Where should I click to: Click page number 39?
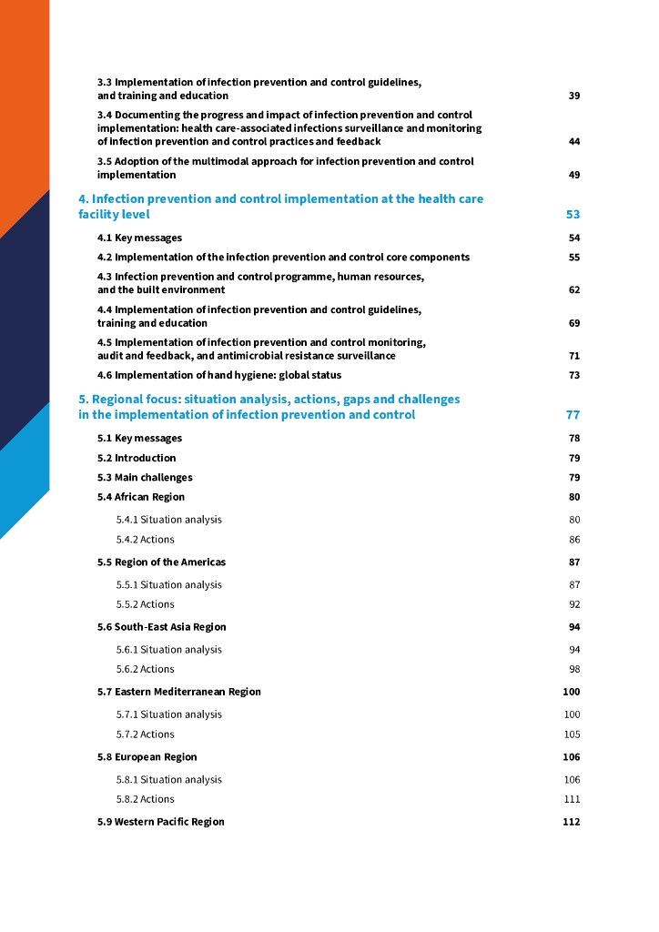pos(573,96)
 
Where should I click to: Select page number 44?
pos(573,142)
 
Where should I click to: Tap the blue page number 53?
pos(573,215)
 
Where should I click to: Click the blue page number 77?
pos(573,415)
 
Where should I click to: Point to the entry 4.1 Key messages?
pos(139,238)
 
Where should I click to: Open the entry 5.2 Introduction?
pos(137,458)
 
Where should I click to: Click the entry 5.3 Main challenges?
pos(145,478)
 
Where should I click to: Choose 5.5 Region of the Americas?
pos(161,562)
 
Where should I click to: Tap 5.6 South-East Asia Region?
pos(162,627)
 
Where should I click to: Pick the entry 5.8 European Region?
pos(147,757)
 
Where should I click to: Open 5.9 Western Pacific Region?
pos(161,822)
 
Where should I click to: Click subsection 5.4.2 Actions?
pos(145,540)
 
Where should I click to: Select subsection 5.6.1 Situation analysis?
pos(168,650)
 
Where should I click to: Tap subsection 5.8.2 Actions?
pos(145,799)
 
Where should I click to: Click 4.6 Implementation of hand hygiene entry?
pos(219,375)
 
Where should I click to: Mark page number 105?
pos(572,734)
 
